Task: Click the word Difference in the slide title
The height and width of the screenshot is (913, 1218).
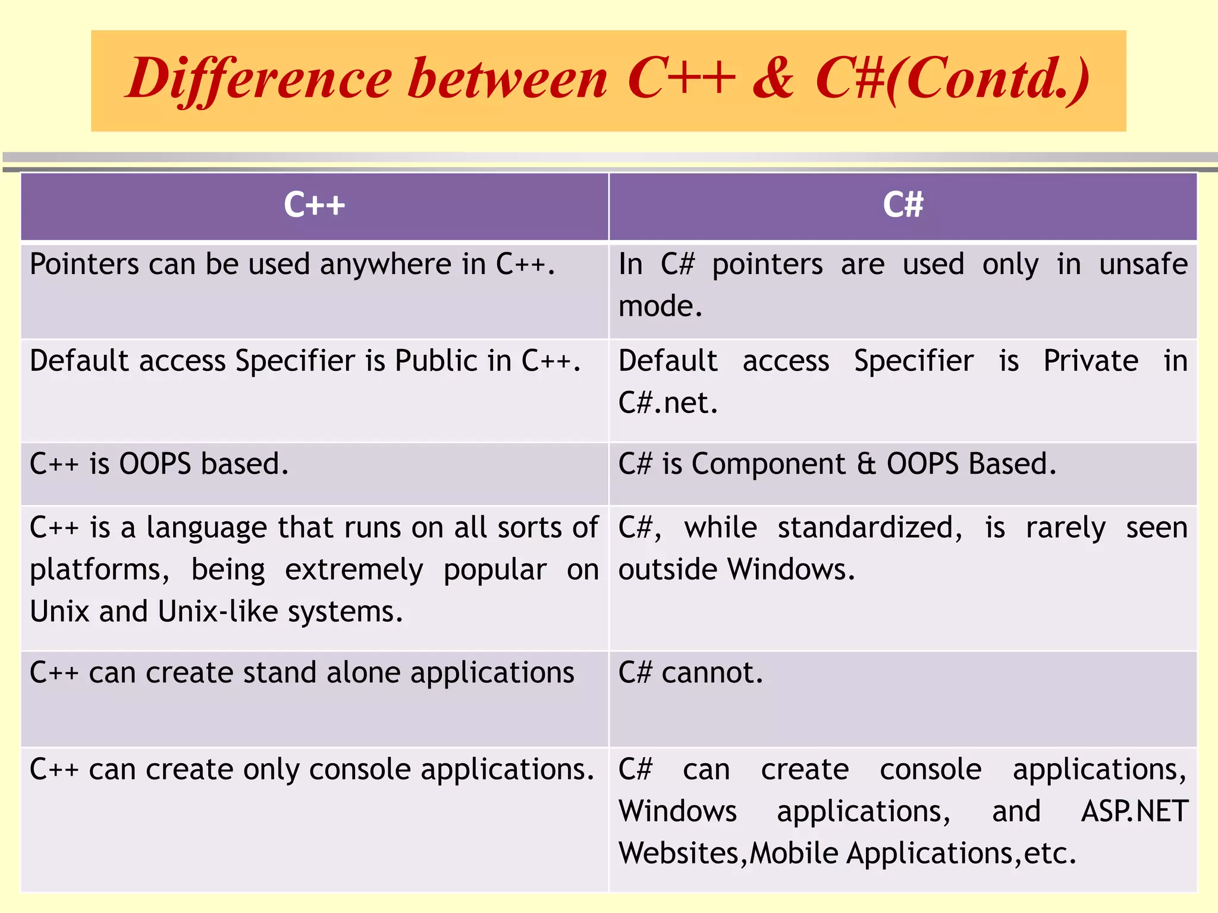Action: pyautogui.click(x=259, y=79)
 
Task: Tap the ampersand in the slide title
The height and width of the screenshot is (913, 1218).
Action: pyautogui.click(x=773, y=79)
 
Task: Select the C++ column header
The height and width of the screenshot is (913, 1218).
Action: pyautogui.click(x=314, y=205)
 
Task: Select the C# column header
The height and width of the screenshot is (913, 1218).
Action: pyautogui.click(x=903, y=205)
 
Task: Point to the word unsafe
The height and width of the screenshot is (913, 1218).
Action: pyautogui.click(x=1143, y=265)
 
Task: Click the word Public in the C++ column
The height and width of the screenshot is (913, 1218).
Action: pyautogui.click(x=437, y=361)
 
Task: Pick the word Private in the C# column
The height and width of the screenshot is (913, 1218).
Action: pyautogui.click(x=1091, y=361)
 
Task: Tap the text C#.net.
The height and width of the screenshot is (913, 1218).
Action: pyautogui.click(x=668, y=403)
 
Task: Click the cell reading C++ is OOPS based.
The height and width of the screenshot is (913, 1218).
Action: pyautogui.click(x=159, y=464)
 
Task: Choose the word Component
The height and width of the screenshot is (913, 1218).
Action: pyautogui.click(x=768, y=464)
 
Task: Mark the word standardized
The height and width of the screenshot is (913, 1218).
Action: pyautogui.click(x=869, y=528)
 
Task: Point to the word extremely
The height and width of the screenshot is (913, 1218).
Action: pyautogui.click(x=354, y=570)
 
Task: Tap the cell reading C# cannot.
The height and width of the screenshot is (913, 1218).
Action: pyautogui.click(x=690, y=673)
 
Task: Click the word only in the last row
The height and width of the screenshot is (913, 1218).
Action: pyautogui.click(x=271, y=770)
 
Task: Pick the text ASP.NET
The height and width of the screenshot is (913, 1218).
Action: pyautogui.click(x=1134, y=811)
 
